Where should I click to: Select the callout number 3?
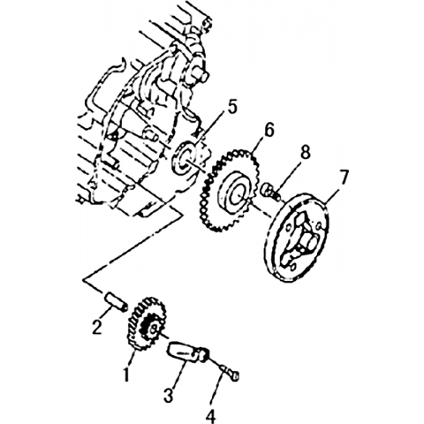click(168, 395)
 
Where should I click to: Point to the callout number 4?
click(211, 416)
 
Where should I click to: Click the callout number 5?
click(232, 108)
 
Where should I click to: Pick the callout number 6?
click(269, 130)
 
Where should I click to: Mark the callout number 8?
click(305, 153)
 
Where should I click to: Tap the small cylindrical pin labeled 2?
click(116, 300)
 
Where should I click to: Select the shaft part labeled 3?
click(188, 352)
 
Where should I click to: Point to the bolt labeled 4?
click(230, 372)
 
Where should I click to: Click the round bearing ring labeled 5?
click(185, 159)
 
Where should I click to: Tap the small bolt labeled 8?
click(271, 191)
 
